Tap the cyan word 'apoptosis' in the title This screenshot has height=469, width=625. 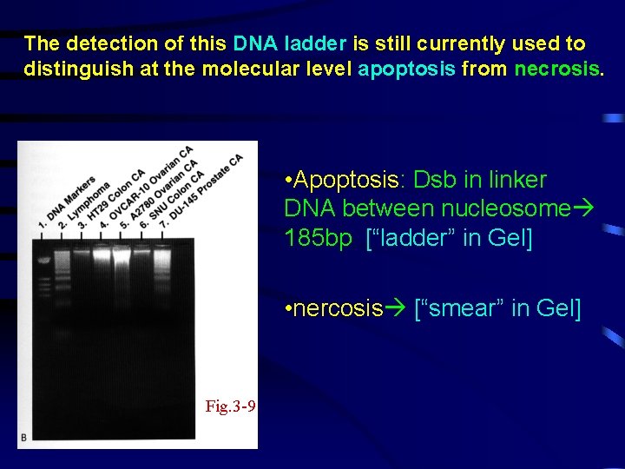(406, 68)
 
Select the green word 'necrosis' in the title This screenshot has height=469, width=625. (556, 68)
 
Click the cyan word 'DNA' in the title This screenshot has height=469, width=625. (254, 43)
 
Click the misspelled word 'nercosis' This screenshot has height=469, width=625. (339, 308)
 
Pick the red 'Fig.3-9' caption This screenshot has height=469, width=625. (230, 406)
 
